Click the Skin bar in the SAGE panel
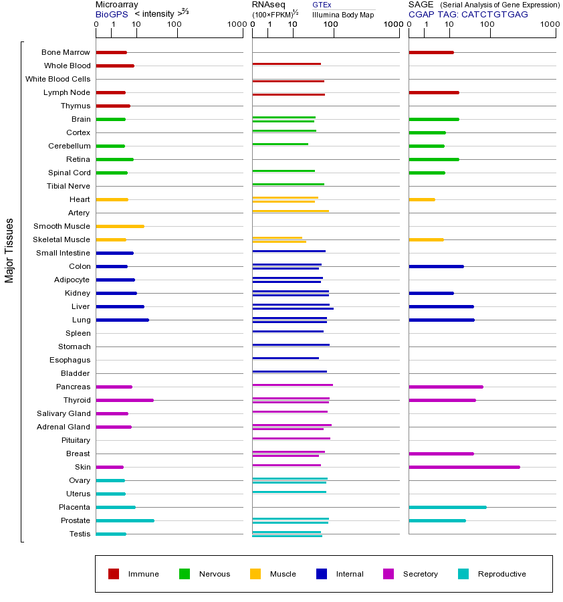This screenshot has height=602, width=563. [x=464, y=467]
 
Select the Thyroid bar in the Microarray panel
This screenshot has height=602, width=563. [x=124, y=400]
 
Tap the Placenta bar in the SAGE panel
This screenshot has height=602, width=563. [x=447, y=507]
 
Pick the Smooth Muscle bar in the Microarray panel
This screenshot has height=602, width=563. [x=120, y=226]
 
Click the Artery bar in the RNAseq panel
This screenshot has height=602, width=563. [x=290, y=211]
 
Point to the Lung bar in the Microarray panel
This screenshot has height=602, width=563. [x=122, y=320]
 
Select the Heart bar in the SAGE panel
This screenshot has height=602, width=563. [x=421, y=199]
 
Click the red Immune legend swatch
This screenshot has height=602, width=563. [x=114, y=574]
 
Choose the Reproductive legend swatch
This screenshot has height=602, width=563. [x=463, y=574]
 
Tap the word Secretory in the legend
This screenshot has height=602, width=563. [x=420, y=574]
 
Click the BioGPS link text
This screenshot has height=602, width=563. [x=111, y=14]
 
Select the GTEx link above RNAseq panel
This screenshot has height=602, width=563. [x=322, y=5]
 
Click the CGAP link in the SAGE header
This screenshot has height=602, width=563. [x=421, y=14]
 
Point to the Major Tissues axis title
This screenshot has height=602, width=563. [x=9, y=250]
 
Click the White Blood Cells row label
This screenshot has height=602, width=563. [x=58, y=79]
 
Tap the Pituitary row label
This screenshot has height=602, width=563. [x=76, y=440]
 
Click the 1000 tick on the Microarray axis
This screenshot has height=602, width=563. [x=235, y=25]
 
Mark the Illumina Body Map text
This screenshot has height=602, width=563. [x=343, y=14]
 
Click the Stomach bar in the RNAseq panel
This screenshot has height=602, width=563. [x=291, y=345]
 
